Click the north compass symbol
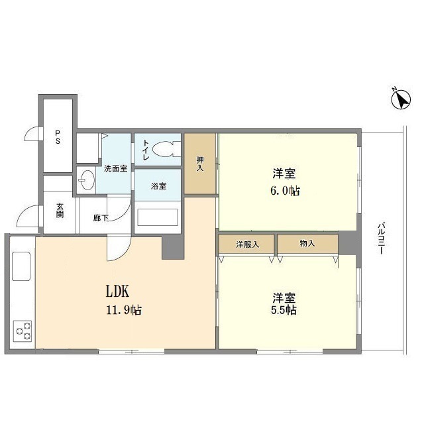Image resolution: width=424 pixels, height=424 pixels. pyautogui.click(x=399, y=99)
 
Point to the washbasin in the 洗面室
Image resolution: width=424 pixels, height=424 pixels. pyautogui.click(x=85, y=178)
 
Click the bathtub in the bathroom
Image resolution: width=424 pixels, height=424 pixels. pyautogui.click(x=157, y=217)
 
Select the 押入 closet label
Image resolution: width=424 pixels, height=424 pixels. pyautogui.click(x=200, y=164)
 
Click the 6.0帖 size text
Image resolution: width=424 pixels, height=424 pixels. pyautogui.click(x=286, y=191)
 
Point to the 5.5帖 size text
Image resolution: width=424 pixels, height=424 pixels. pyautogui.click(x=283, y=310)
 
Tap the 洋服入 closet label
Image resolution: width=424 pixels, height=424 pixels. pyautogui.click(x=247, y=244)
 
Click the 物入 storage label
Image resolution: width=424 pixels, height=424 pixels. pyautogui.click(x=307, y=244)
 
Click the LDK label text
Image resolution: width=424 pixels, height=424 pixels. pyautogui.click(x=117, y=291)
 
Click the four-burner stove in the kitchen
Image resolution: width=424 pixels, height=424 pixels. pyautogui.click(x=23, y=331)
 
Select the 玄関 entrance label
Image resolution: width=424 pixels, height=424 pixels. pyautogui.click(x=59, y=210)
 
